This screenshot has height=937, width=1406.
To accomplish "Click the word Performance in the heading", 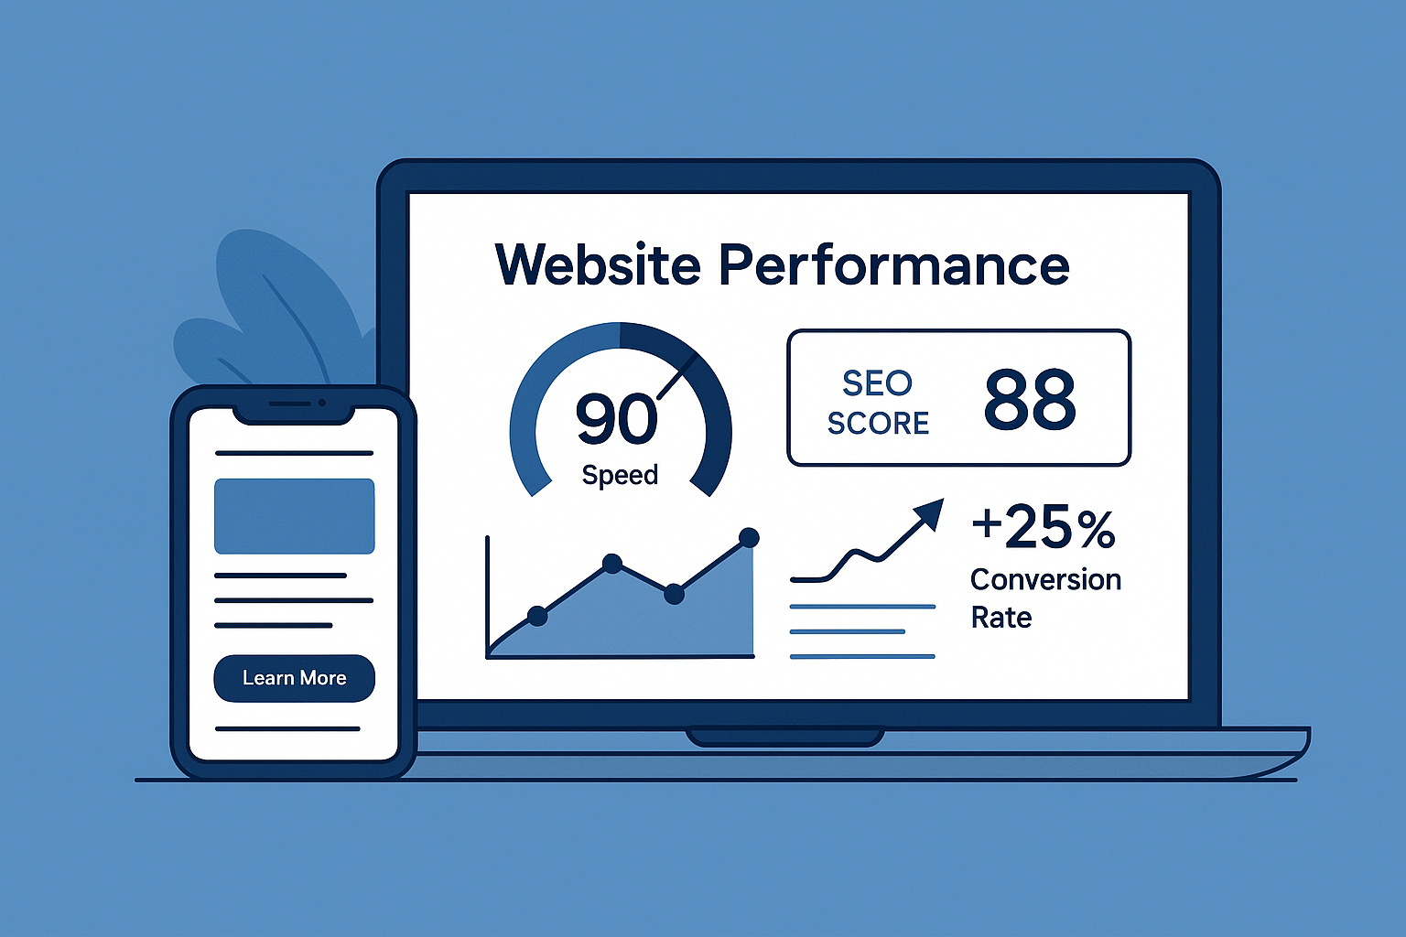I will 893,264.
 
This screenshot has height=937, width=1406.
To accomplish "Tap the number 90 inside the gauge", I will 616,419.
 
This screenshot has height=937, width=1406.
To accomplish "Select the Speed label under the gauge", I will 620,475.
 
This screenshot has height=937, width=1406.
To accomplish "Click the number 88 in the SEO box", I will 1030,400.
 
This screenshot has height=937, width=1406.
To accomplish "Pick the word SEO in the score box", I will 877,383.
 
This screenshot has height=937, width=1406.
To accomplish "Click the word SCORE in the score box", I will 878,423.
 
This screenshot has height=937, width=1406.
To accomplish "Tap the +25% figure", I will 1044,528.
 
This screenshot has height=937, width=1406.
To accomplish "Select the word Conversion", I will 1045,579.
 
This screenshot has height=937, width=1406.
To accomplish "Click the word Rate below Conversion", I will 1000,618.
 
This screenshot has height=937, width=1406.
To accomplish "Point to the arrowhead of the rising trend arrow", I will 931,512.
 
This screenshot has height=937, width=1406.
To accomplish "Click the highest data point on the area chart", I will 749,537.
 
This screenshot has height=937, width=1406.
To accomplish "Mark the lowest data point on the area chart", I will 537,616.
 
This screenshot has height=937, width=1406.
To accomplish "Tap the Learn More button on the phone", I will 294,678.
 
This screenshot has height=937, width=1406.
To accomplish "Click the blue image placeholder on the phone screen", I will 294,516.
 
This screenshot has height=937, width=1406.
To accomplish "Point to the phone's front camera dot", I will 322,403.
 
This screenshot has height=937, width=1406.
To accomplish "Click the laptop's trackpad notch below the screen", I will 785,737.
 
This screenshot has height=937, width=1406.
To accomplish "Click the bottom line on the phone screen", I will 287,729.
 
